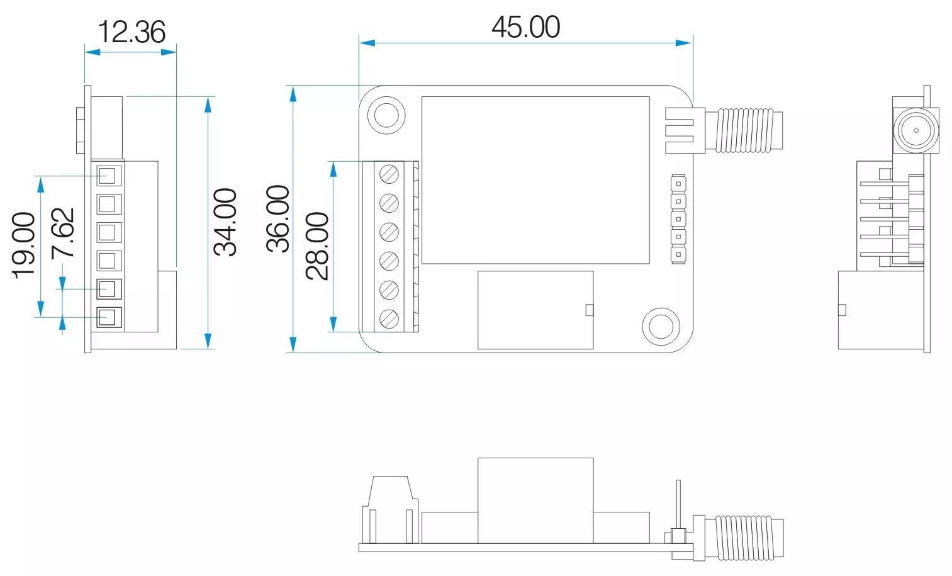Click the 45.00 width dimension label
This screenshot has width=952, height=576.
525,28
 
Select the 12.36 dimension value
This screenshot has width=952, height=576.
132,33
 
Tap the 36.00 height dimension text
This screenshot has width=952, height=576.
278,218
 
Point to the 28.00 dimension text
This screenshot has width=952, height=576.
318,246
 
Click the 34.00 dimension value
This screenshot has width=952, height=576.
225,222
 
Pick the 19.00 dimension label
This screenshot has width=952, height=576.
24,245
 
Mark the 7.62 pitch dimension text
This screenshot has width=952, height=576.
63,233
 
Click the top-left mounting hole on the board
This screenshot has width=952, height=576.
386,115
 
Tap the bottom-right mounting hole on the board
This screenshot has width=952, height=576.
661,326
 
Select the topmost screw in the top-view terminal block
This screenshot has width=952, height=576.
389,173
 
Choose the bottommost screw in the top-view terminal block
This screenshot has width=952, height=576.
389,319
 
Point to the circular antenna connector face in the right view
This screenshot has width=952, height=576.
916,131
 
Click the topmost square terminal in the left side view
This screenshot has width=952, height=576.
108,176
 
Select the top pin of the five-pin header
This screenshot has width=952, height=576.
678,184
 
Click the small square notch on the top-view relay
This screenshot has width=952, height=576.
589,310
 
